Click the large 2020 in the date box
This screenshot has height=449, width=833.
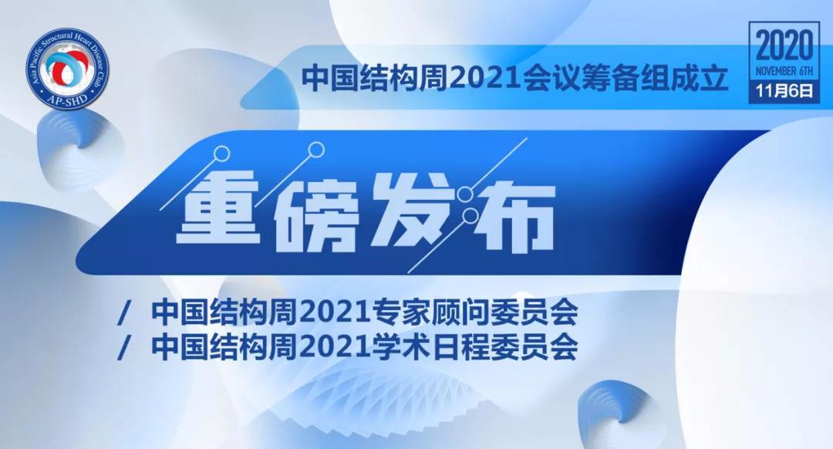coord(784,46)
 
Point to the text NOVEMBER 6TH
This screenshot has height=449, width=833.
coord(784,71)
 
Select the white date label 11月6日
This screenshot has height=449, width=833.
coord(784,91)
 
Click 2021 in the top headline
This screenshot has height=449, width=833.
coord(484,79)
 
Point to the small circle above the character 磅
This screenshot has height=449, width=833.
coord(317,150)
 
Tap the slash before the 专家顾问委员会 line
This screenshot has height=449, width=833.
coord(126,313)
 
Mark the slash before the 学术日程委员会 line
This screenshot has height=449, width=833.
coord(126,347)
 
